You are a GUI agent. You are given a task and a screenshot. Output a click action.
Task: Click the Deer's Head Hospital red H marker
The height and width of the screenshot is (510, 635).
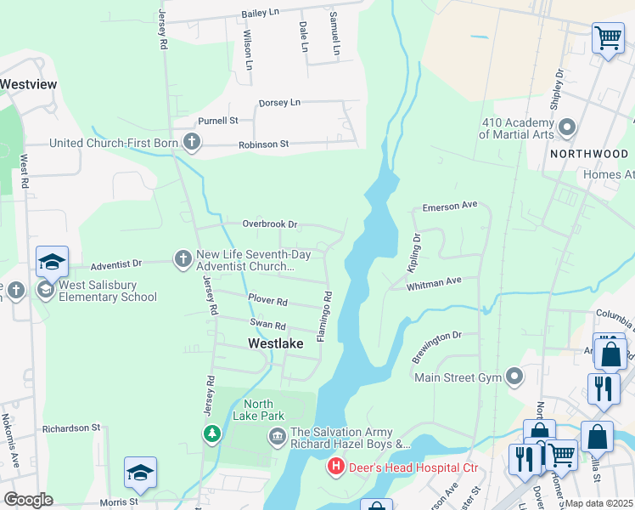(x=337, y=467)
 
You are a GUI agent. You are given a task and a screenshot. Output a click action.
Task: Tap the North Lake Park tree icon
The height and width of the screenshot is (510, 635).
(x=211, y=434)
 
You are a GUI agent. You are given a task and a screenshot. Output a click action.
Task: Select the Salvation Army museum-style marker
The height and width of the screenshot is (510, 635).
(x=277, y=438)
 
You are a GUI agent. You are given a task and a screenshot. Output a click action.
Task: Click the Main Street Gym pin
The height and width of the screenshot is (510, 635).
(x=514, y=376)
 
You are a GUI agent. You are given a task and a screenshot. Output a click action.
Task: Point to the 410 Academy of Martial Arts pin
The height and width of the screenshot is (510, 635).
(x=567, y=128)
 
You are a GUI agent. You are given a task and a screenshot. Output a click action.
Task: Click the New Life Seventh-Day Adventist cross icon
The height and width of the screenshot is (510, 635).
(x=183, y=258)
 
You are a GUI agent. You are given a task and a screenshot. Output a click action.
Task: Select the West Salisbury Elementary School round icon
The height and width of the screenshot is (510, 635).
(x=45, y=291)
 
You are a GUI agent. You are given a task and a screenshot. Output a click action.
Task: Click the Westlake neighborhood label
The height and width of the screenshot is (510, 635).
(x=275, y=344)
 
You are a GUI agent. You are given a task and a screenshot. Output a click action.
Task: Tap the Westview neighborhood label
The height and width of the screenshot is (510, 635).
(x=28, y=84)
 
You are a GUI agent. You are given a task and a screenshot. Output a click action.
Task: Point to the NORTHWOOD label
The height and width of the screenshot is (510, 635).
(x=588, y=154)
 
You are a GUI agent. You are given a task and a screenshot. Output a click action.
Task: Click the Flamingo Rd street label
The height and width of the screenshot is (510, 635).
(x=324, y=317)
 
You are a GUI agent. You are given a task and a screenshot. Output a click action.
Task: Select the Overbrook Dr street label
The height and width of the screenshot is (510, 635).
(x=269, y=224)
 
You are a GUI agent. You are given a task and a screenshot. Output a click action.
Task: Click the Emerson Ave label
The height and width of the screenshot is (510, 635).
(x=451, y=207)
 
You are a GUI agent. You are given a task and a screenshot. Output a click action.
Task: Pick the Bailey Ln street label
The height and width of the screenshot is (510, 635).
(x=261, y=14)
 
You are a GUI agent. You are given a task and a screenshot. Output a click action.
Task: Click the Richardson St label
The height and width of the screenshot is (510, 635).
(x=71, y=428)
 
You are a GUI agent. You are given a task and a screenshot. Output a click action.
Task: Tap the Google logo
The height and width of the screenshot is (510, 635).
(x=28, y=500)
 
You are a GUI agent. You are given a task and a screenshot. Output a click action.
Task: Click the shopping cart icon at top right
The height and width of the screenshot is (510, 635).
(x=608, y=38)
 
